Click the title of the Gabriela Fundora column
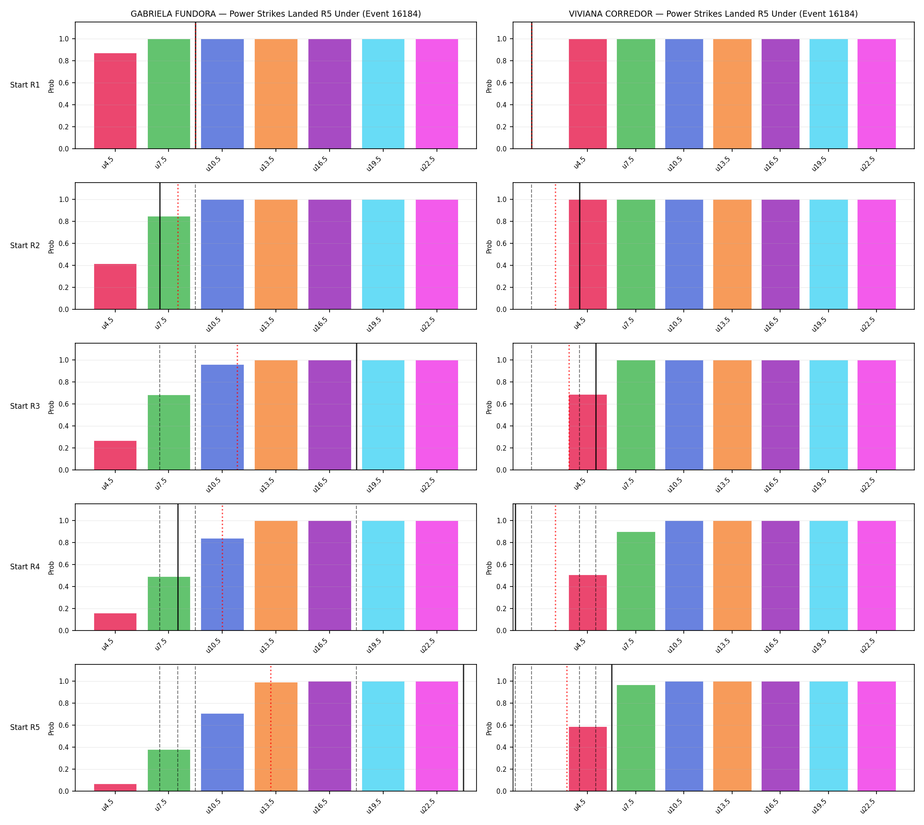click(x=275, y=14)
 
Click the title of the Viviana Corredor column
click(x=713, y=14)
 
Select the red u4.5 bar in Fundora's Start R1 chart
click(x=115, y=101)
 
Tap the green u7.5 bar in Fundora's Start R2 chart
click(x=169, y=263)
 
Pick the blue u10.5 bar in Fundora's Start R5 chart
click(x=222, y=752)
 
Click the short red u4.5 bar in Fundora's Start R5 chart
click(x=115, y=787)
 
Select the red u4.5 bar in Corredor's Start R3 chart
click(x=587, y=433)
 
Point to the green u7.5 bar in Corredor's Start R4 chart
click(x=636, y=581)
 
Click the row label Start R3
click(x=25, y=406)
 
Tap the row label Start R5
click(x=25, y=728)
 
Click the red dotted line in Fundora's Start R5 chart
click(x=271, y=728)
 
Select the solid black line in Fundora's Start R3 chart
click(x=356, y=407)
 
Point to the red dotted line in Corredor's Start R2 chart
click(x=555, y=246)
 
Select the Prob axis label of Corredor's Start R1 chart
click(x=489, y=86)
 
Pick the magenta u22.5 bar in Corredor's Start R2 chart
click(x=876, y=254)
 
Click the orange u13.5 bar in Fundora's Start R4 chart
click(x=275, y=576)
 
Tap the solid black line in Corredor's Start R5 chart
click(x=612, y=728)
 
